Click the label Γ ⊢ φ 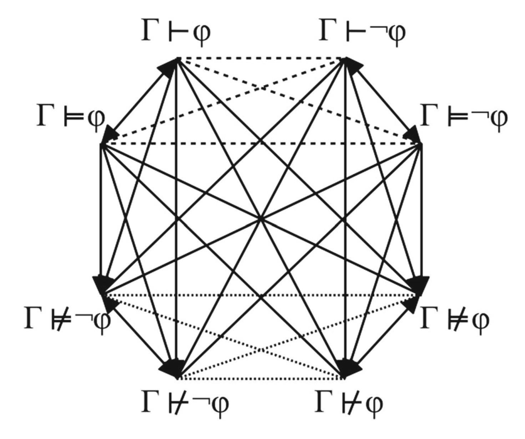(x=176, y=33)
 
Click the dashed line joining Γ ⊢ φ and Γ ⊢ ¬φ (x=261, y=58)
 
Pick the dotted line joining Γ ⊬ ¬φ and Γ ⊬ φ (x=261, y=378)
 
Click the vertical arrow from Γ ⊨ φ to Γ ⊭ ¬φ (x=102, y=214)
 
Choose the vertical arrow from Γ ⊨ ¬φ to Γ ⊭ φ (x=421, y=214)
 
